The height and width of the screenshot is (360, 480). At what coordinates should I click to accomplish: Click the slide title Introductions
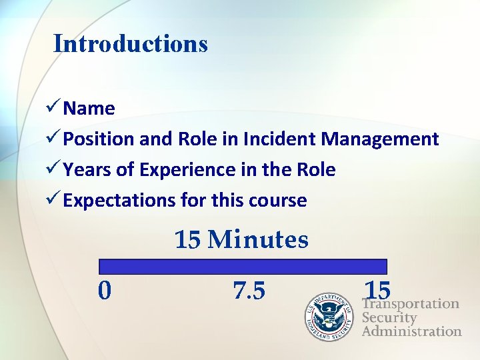131,44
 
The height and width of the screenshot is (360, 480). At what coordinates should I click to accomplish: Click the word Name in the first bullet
89,109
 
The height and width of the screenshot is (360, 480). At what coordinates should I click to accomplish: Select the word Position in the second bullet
99,139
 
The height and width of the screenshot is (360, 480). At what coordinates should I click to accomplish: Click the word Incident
280,139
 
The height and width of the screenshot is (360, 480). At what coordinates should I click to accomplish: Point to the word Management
379,139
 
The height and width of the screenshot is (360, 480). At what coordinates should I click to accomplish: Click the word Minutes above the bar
258,239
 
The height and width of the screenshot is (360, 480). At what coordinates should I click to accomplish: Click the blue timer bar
243,267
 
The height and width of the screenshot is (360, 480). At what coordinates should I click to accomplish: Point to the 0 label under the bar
105,291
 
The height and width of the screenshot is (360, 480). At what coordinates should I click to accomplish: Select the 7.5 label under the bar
249,291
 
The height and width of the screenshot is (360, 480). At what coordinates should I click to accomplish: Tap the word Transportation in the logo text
411,304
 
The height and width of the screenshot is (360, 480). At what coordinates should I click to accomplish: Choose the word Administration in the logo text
411,331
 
